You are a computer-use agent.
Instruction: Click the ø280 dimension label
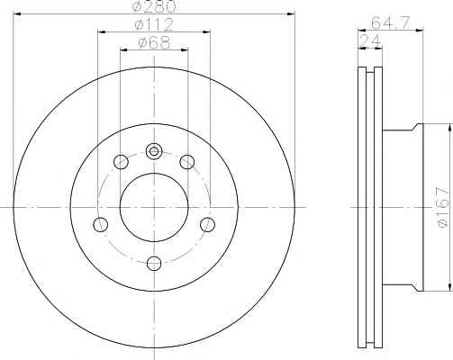point(154,6)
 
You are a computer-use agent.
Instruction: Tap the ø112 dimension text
point(154,25)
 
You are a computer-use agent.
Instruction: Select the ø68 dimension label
point(154,42)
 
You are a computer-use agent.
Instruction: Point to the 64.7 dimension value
point(390,22)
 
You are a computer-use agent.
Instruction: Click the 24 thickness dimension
point(370,40)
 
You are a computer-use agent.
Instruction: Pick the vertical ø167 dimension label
point(444,208)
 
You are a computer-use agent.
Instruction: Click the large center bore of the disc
point(154,207)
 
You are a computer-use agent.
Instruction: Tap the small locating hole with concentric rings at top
point(154,151)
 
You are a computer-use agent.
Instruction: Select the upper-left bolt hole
point(121,162)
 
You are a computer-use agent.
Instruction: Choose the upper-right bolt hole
point(187,162)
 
